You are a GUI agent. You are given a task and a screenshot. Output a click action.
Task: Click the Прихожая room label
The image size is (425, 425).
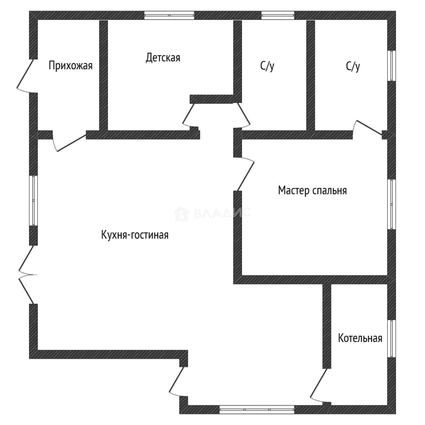(70, 66)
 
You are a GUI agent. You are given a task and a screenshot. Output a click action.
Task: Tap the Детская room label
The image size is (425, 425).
(163, 58)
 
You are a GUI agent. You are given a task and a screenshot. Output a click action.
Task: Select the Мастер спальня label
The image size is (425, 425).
(312, 190)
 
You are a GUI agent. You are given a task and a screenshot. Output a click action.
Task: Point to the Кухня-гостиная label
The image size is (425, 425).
(135, 235)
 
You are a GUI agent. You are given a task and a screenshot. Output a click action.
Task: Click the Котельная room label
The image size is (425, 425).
(360, 338)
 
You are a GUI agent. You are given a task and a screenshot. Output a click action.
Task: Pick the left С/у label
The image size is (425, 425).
(267, 66)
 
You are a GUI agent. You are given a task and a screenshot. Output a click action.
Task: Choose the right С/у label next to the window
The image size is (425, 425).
(353, 66)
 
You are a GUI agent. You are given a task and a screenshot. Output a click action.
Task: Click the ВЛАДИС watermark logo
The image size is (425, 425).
(212, 213)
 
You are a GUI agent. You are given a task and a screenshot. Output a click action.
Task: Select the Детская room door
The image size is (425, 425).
(190, 115)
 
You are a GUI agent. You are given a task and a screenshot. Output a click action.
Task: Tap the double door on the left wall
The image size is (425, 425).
(27, 275)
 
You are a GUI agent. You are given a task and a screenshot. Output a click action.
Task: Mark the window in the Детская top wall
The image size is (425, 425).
(169, 15)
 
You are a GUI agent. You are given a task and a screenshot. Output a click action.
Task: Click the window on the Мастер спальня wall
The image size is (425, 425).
(392, 204)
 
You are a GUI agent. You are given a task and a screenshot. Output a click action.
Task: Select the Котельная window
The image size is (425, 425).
(392, 338)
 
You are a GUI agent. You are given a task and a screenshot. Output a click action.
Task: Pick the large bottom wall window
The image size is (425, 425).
(257, 409)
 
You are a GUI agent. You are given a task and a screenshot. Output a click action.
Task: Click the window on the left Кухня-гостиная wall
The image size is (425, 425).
(33, 201)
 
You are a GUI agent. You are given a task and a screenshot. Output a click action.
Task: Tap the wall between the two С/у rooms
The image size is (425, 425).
(310, 76)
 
